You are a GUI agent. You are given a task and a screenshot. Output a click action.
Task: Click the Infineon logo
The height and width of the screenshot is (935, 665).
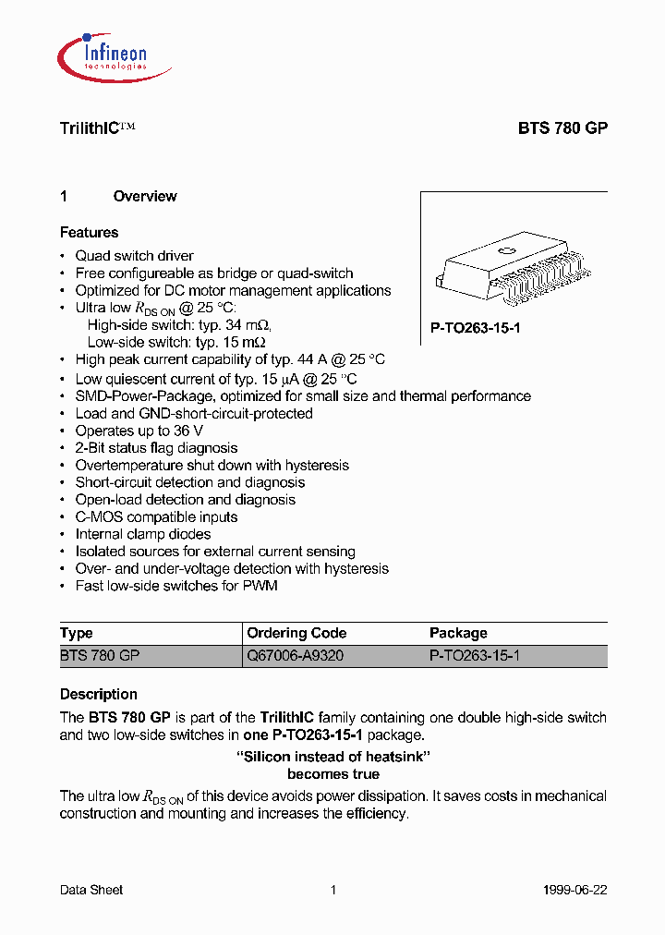[x=103, y=52]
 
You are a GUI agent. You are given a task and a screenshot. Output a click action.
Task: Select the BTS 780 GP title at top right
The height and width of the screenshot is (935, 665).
[x=562, y=129]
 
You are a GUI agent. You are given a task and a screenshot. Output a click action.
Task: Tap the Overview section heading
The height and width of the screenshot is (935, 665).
[x=144, y=196]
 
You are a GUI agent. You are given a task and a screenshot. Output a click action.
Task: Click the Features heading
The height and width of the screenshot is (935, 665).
[x=90, y=233]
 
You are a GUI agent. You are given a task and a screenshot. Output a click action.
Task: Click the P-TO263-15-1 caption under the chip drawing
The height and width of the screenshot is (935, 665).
[x=476, y=328]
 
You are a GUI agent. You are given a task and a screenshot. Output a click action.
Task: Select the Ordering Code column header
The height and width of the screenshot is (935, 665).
[x=296, y=633]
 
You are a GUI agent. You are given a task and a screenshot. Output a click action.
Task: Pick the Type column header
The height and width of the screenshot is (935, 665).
[x=77, y=633]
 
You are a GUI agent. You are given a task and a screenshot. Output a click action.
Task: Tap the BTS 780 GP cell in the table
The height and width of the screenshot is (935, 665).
[x=100, y=655]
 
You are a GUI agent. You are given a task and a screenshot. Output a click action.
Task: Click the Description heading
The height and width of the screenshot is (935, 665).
[x=99, y=695]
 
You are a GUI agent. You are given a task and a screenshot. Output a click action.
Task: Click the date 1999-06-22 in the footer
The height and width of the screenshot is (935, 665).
[x=574, y=890]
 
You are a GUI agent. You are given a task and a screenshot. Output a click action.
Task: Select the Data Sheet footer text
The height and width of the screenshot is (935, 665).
[x=91, y=890]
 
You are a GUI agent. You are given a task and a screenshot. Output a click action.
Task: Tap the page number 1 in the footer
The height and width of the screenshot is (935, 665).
[x=332, y=890]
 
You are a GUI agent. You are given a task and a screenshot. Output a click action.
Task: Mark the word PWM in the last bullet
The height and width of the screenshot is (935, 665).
[x=260, y=586]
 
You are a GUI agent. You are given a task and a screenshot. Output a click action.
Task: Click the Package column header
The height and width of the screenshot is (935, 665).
[x=458, y=633]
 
